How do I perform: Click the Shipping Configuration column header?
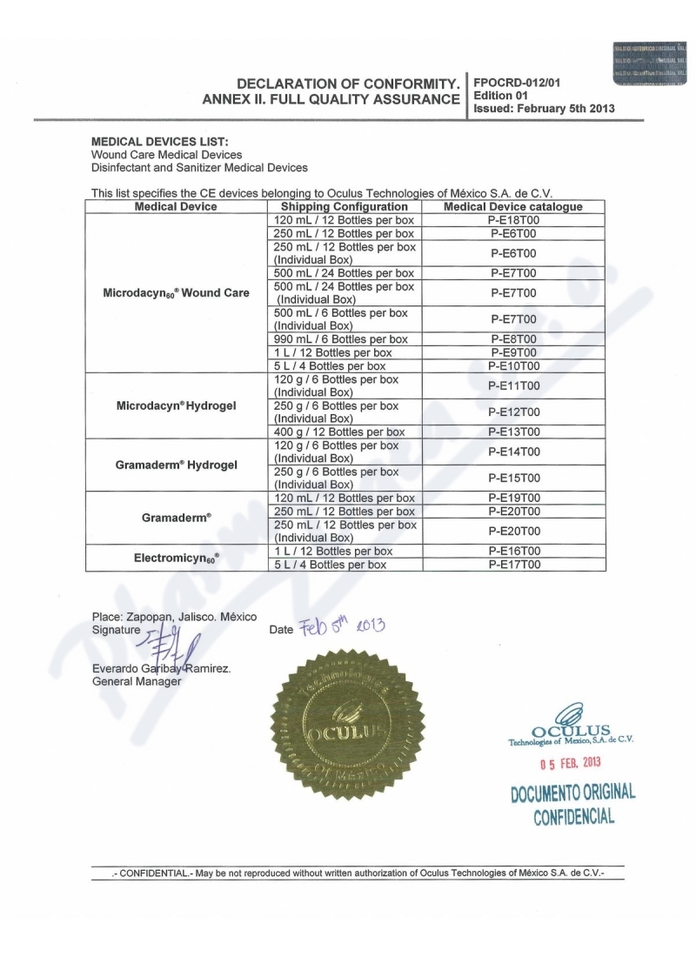point(345,207)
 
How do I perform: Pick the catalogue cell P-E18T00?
point(513,220)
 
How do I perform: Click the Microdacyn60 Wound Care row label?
point(176,293)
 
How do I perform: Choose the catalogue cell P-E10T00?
point(513,366)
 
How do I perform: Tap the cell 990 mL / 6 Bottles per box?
point(341,339)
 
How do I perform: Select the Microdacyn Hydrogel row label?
point(176,405)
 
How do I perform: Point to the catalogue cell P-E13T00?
point(513,432)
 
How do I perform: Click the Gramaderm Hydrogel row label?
point(176,465)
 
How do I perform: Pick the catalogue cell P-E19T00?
point(513,499)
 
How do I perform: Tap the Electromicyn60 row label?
point(176,558)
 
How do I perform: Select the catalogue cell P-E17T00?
point(513,565)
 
